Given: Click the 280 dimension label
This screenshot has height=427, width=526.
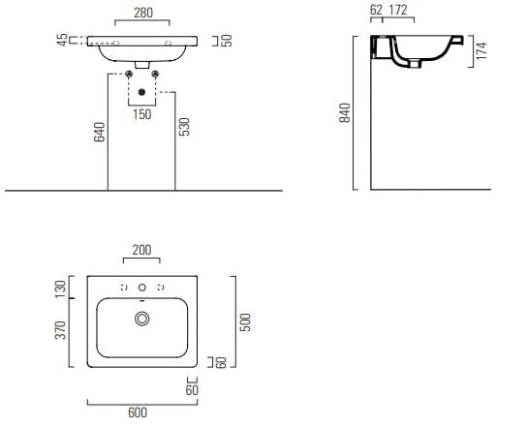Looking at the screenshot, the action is click(x=143, y=13).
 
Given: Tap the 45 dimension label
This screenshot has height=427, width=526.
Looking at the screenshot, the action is click(x=63, y=40).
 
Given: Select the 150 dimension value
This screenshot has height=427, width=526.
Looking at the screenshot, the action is click(x=141, y=114).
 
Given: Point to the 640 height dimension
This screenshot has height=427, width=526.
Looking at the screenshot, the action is click(x=100, y=132).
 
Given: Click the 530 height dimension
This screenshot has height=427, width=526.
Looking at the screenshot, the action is click(x=184, y=127).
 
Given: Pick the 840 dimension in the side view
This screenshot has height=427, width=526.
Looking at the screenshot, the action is click(x=345, y=112).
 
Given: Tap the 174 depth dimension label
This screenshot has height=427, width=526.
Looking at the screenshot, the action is click(x=481, y=50).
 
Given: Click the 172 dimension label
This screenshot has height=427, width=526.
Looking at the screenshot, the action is click(x=398, y=10).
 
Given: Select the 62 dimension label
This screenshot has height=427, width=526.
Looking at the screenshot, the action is click(x=376, y=10).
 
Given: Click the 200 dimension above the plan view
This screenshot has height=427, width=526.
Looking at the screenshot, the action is click(x=141, y=250).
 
